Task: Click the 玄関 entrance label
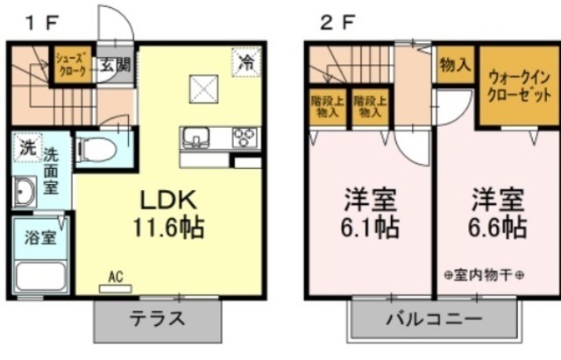tap(114, 64)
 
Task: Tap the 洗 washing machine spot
tap(26, 147)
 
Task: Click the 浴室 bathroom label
tap(40, 236)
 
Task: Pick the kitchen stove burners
tap(244, 137)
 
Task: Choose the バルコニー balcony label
tap(434, 319)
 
